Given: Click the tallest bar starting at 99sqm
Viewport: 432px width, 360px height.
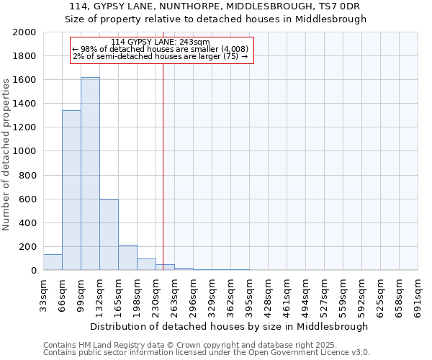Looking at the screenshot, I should [90, 174].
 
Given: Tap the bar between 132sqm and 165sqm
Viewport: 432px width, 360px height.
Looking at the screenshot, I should [109, 235].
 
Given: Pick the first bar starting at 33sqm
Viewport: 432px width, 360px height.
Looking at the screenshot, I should [53, 262].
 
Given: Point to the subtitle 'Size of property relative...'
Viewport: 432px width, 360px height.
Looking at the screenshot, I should [216, 19].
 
